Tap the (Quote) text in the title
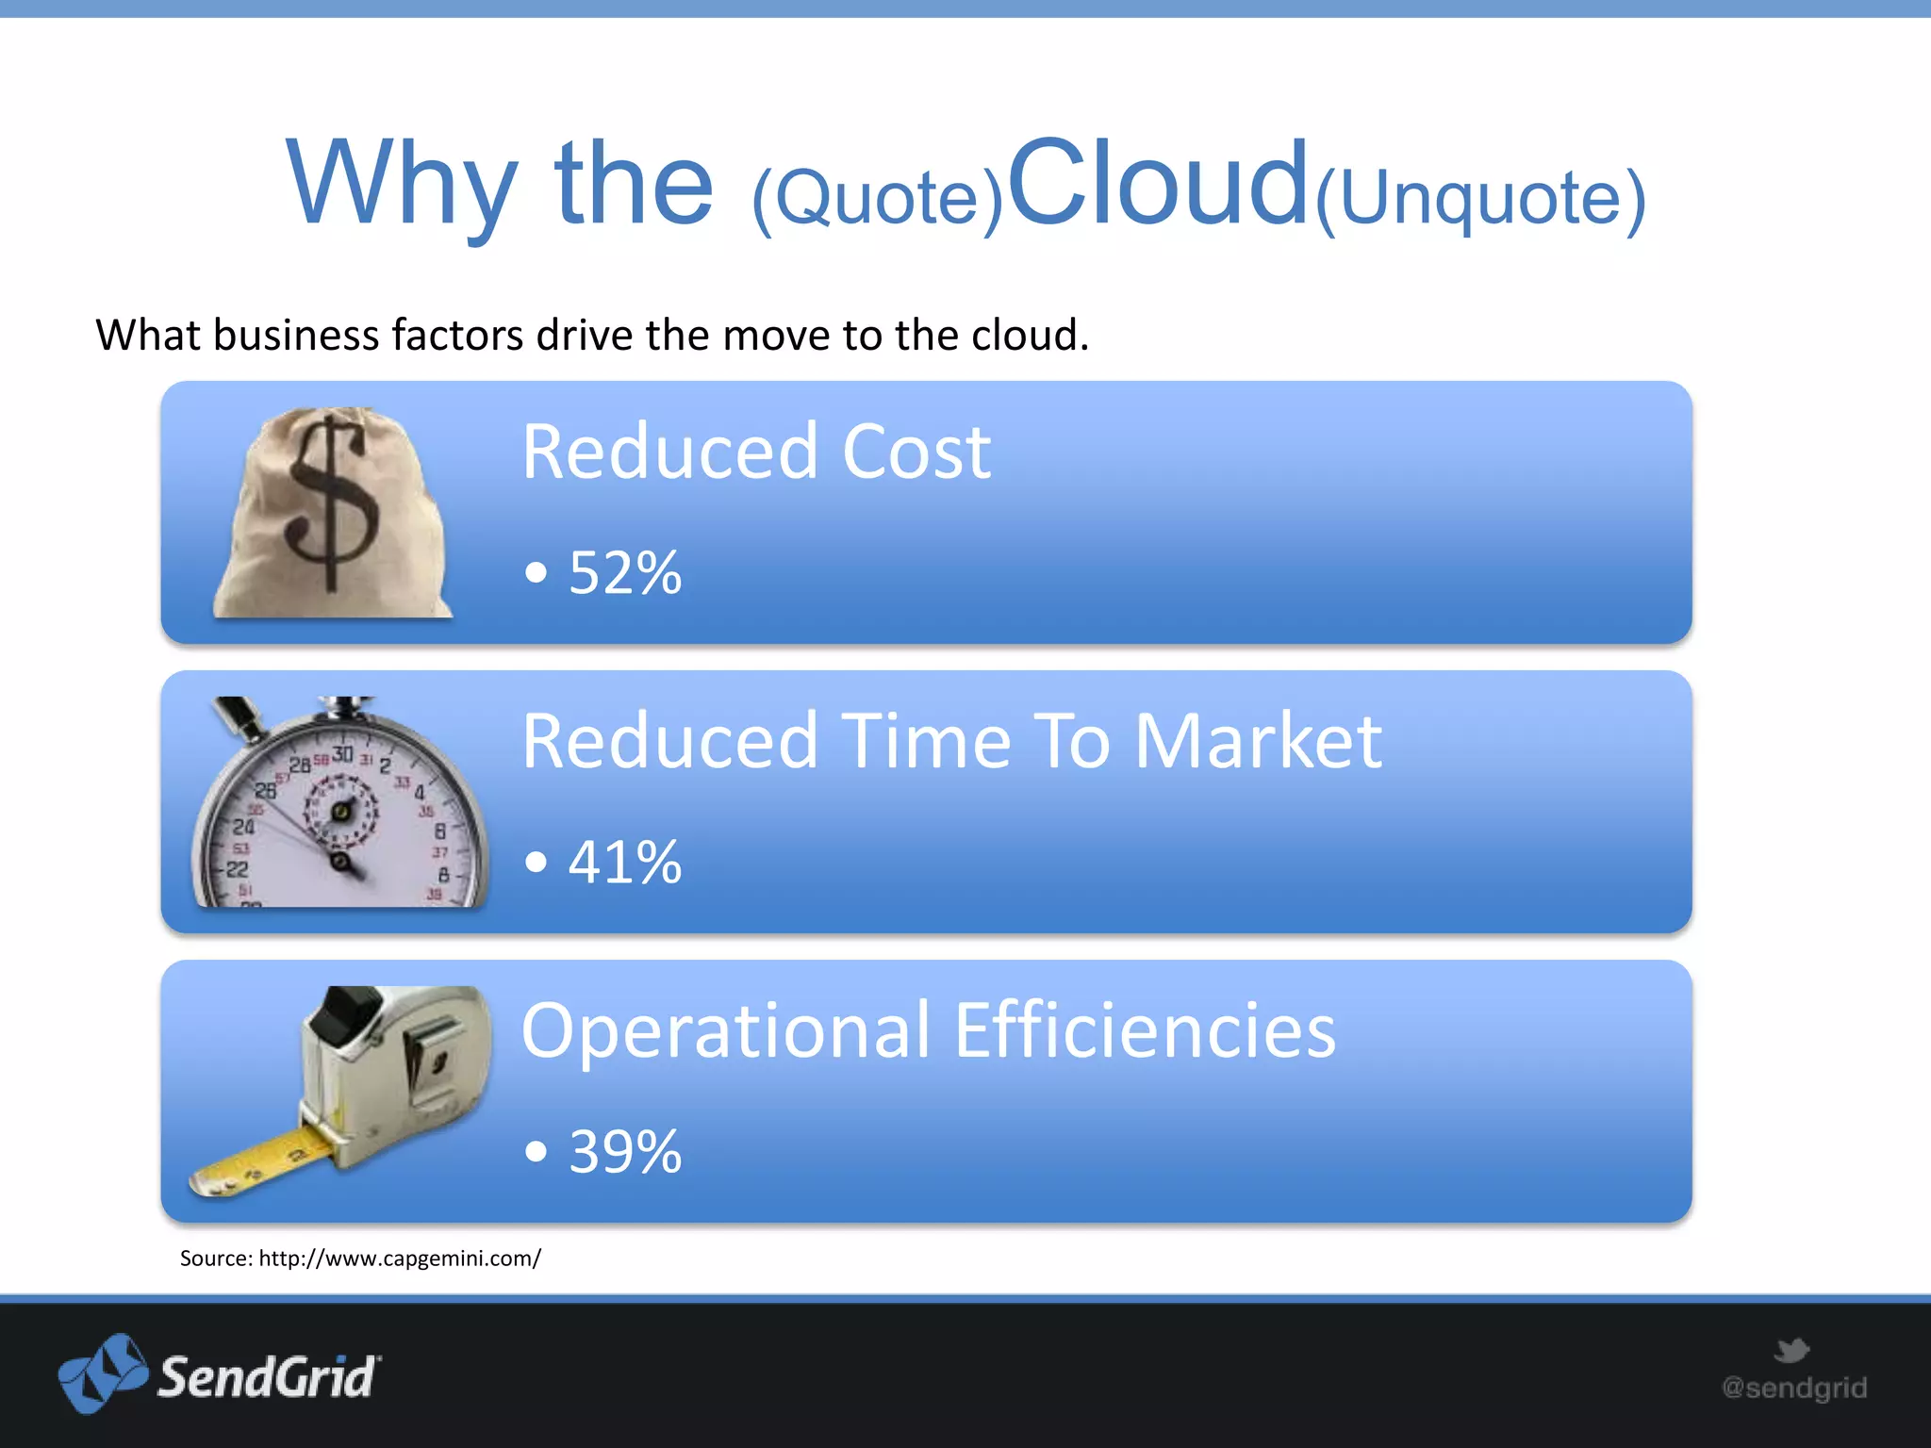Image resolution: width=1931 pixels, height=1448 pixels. (877, 199)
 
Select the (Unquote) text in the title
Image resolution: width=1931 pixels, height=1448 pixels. (1480, 199)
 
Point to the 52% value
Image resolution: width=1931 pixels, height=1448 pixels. (624, 573)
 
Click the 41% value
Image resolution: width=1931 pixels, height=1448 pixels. (624, 863)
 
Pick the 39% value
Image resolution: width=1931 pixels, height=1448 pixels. (624, 1152)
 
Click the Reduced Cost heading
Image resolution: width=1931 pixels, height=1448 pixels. (755, 452)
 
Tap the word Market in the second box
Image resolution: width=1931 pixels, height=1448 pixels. (1258, 742)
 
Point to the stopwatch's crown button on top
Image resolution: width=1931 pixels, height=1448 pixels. (344, 707)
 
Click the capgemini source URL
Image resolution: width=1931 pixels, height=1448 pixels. (399, 1259)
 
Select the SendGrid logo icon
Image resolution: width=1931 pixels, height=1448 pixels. (102, 1374)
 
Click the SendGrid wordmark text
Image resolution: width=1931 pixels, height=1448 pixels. (268, 1377)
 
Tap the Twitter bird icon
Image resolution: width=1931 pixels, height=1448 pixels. (1791, 1350)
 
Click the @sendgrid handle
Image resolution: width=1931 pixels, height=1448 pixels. (1793, 1388)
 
